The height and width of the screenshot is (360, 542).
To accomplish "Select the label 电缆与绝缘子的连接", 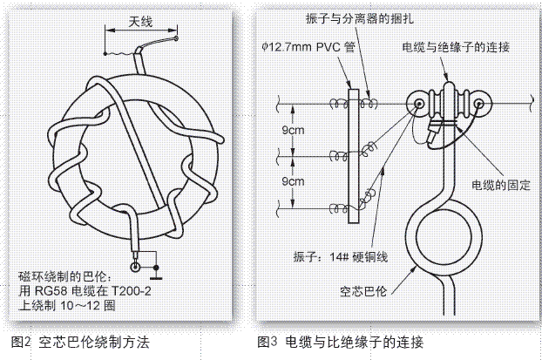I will point(458,46).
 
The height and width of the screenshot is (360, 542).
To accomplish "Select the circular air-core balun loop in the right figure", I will point(440,237).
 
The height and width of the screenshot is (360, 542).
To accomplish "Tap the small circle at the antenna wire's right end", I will point(177,37).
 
